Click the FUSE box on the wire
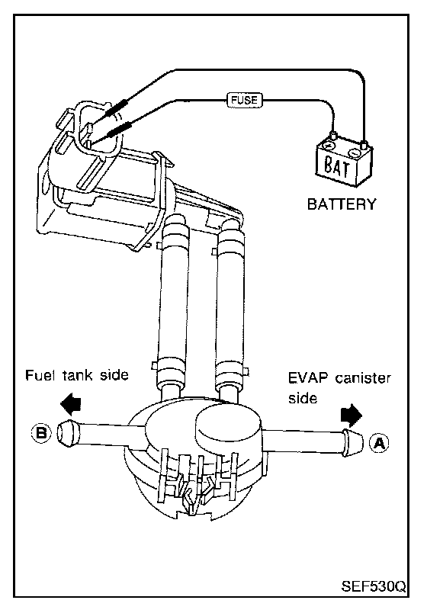pyautogui.click(x=245, y=100)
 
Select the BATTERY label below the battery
pyautogui.click(x=342, y=204)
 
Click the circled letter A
pyautogui.click(x=379, y=443)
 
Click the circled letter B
pyautogui.click(x=41, y=433)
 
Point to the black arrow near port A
pyautogui.click(x=352, y=416)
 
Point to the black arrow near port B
pyautogui.click(x=70, y=404)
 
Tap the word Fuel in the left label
pyautogui.click(x=39, y=375)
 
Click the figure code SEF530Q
pyautogui.click(x=374, y=586)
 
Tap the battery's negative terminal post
pyautogui.click(x=364, y=145)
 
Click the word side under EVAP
pyautogui.click(x=302, y=398)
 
